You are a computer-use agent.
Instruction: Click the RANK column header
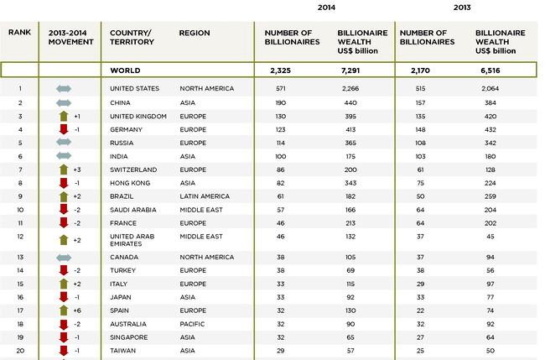[x=19, y=33]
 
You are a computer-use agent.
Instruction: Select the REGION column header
[x=195, y=33]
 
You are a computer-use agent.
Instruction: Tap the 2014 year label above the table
[x=326, y=8]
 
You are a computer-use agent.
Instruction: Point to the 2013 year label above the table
[x=462, y=8]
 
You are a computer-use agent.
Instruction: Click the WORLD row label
[x=125, y=70]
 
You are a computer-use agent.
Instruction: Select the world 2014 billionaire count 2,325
[x=280, y=70]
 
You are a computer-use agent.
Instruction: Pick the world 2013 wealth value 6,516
[x=490, y=70]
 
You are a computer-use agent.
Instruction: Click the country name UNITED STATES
[x=134, y=89]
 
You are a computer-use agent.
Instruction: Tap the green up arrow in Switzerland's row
[x=64, y=170]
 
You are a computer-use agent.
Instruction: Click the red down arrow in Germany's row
[x=64, y=130]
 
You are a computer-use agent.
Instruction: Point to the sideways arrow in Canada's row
[x=64, y=258]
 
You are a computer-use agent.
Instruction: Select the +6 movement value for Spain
[x=77, y=310]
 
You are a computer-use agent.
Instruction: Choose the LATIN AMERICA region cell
[x=205, y=196]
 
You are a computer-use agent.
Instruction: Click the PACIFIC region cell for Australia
[x=192, y=324]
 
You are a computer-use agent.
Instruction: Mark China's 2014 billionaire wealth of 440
[x=350, y=103]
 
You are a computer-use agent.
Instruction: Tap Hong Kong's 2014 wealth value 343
[x=350, y=183]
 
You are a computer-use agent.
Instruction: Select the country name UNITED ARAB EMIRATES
[x=132, y=240]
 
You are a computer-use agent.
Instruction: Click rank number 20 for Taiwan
[x=20, y=351]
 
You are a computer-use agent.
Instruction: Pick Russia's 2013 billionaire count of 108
[x=420, y=143]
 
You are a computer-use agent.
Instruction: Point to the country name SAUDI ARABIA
[x=132, y=210]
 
